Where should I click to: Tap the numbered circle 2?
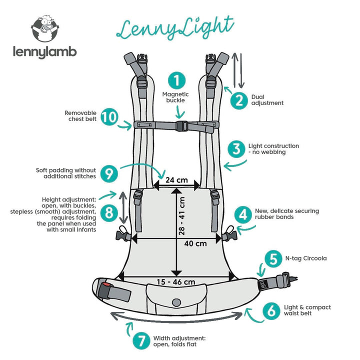click(x=239, y=100)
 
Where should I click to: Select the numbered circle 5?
click(x=273, y=259)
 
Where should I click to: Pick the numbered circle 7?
click(x=141, y=342)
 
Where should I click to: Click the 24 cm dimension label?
click(x=176, y=179)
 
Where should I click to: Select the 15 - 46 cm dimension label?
click(x=175, y=281)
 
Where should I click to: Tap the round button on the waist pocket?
click(x=176, y=302)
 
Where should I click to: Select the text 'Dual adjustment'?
click(x=267, y=99)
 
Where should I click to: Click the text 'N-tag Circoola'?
click(x=305, y=258)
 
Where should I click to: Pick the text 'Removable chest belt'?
click(x=80, y=115)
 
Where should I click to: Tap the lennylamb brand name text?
click(x=45, y=52)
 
